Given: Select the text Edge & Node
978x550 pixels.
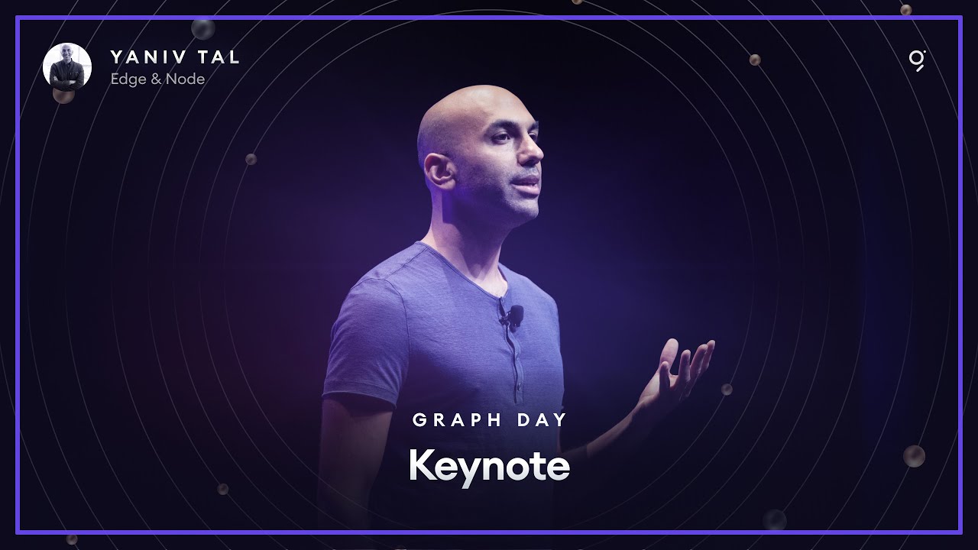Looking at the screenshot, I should click(x=157, y=79).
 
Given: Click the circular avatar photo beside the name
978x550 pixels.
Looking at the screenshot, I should click(x=67, y=67).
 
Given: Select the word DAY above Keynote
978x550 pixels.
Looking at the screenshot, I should click(x=539, y=419).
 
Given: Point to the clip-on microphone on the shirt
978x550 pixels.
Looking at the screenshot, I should click(x=513, y=314).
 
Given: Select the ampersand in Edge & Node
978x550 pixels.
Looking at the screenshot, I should click(x=158, y=79).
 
